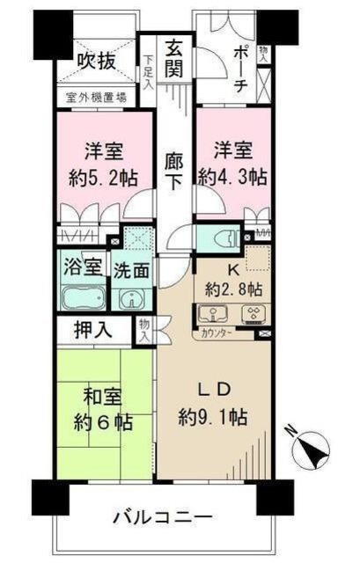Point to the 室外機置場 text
pyautogui.click(x=96, y=98)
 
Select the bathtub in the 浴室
pyautogui.click(x=83, y=297)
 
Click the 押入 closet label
pyautogui.click(x=92, y=332)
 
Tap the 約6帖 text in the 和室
pyautogui.click(x=102, y=421)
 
